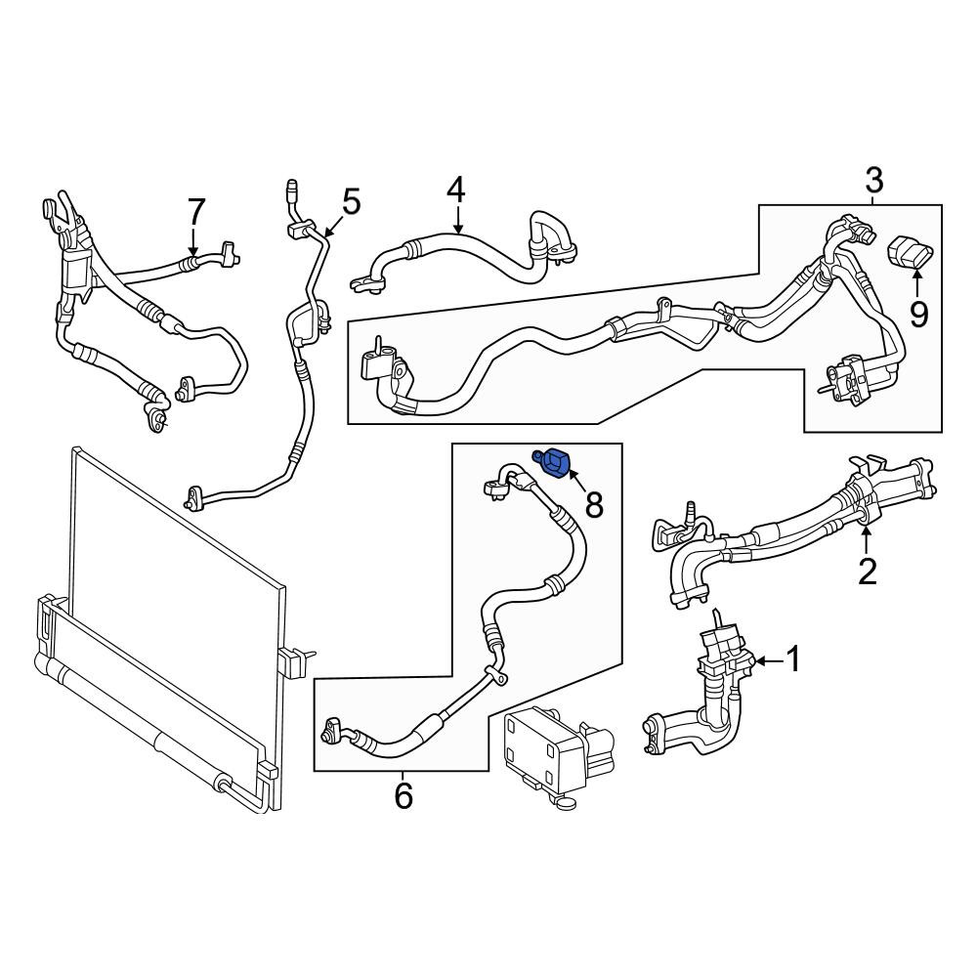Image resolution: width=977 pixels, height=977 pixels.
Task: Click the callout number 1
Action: coord(793,659)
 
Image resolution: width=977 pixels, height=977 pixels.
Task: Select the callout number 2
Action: coord(868,572)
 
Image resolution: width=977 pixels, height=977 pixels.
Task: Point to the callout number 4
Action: coord(456,190)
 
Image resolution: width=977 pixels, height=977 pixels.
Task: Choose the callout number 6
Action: coord(404,795)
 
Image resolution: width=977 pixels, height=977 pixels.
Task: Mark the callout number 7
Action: coord(196,211)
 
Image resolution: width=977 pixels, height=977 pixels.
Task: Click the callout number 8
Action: coord(594,505)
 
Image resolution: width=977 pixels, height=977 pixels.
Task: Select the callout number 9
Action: coord(918,314)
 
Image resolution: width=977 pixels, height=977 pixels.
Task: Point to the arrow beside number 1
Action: coord(770,660)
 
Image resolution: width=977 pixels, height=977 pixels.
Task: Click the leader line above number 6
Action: coord(404,777)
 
